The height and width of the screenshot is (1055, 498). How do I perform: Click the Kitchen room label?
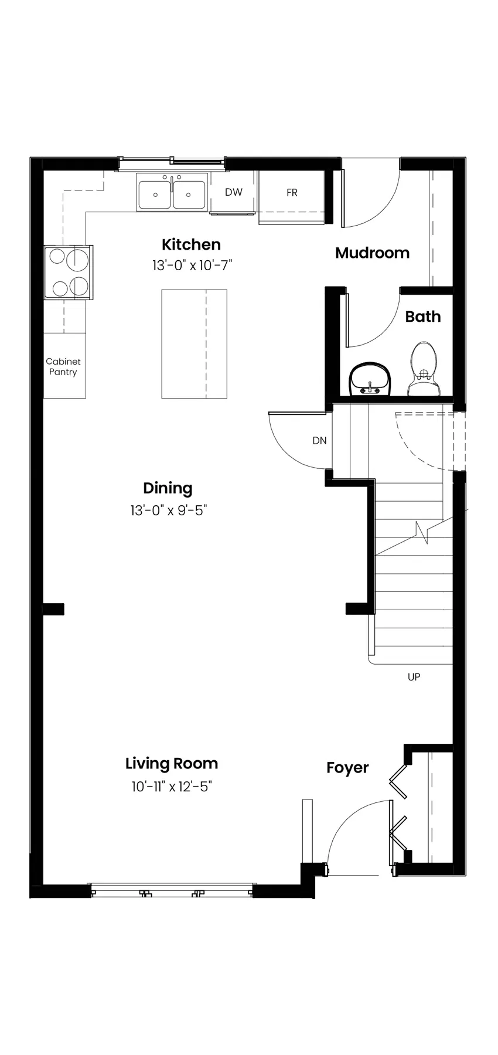click(191, 244)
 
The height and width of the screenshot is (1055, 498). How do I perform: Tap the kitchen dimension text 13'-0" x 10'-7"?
click(192, 266)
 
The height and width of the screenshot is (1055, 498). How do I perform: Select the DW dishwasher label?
click(234, 192)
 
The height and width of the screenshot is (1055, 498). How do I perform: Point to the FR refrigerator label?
click(292, 192)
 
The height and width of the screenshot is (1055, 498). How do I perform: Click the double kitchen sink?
click(172, 192)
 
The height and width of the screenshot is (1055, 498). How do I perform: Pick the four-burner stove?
click(69, 272)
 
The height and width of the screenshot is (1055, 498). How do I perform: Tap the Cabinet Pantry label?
click(63, 367)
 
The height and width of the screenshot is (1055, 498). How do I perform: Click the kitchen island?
click(194, 344)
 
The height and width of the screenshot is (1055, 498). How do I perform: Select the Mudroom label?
click(372, 253)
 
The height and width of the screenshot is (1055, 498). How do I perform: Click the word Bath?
click(422, 316)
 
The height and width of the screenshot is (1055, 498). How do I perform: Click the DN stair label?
click(319, 441)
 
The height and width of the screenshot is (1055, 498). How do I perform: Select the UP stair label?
click(414, 677)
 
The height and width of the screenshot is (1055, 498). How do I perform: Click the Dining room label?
click(168, 488)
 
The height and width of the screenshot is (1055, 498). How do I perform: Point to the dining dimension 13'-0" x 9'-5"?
click(169, 511)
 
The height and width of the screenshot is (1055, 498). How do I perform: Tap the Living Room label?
click(172, 764)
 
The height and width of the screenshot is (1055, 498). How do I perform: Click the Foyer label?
click(347, 768)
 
